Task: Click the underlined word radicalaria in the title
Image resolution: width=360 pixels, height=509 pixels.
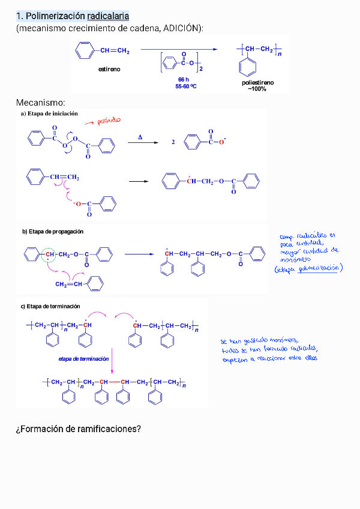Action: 108,16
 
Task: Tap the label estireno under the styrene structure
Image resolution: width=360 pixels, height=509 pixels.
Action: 109,69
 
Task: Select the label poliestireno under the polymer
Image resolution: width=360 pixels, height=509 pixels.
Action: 257,83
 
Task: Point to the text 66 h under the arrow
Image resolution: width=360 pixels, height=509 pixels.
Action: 184,79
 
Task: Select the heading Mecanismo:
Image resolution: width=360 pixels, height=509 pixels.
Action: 41,103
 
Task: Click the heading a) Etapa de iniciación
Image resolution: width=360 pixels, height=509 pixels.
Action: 49,113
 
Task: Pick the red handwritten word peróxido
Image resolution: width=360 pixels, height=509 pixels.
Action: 109,121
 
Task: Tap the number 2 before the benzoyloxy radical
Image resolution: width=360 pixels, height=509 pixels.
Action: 173,143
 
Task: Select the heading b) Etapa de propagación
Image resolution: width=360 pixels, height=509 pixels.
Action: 53,231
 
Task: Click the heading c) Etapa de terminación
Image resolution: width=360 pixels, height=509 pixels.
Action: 50,306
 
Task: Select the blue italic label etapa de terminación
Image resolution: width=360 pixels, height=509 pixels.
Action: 84,358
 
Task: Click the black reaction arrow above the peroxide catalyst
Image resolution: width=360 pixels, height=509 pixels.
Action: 179,50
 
